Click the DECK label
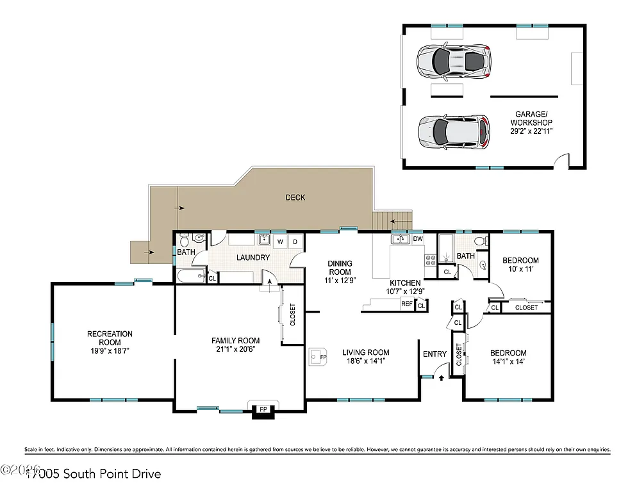pyautogui.click(x=295, y=197)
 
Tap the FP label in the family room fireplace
pyautogui.click(x=262, y=409)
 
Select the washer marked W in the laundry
pyautogui.click(x=281, y=242)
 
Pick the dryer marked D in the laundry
pyautogui.click(x=295, y=242)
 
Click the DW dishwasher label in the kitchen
pyautogui.click(x=418, y=239)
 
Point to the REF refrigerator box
pyautogui.click(x=406, y=304)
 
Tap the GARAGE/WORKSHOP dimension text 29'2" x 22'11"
pyautogui.click(x=532, y=131)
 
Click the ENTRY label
pyautogui.click(x=434, y=354)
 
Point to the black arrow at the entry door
pyautogui.click(x=441, y=378)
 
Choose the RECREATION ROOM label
pyautogui.click(x=110, y=338)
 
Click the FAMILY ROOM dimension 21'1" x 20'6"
pyautogui.click(x=236, y=349)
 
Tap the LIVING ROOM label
pyautogui.click(x=365, y=352)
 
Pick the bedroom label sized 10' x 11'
pyautogui.click(x=520, y=265)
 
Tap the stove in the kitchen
pyautogui.click(x=429, y=260)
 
